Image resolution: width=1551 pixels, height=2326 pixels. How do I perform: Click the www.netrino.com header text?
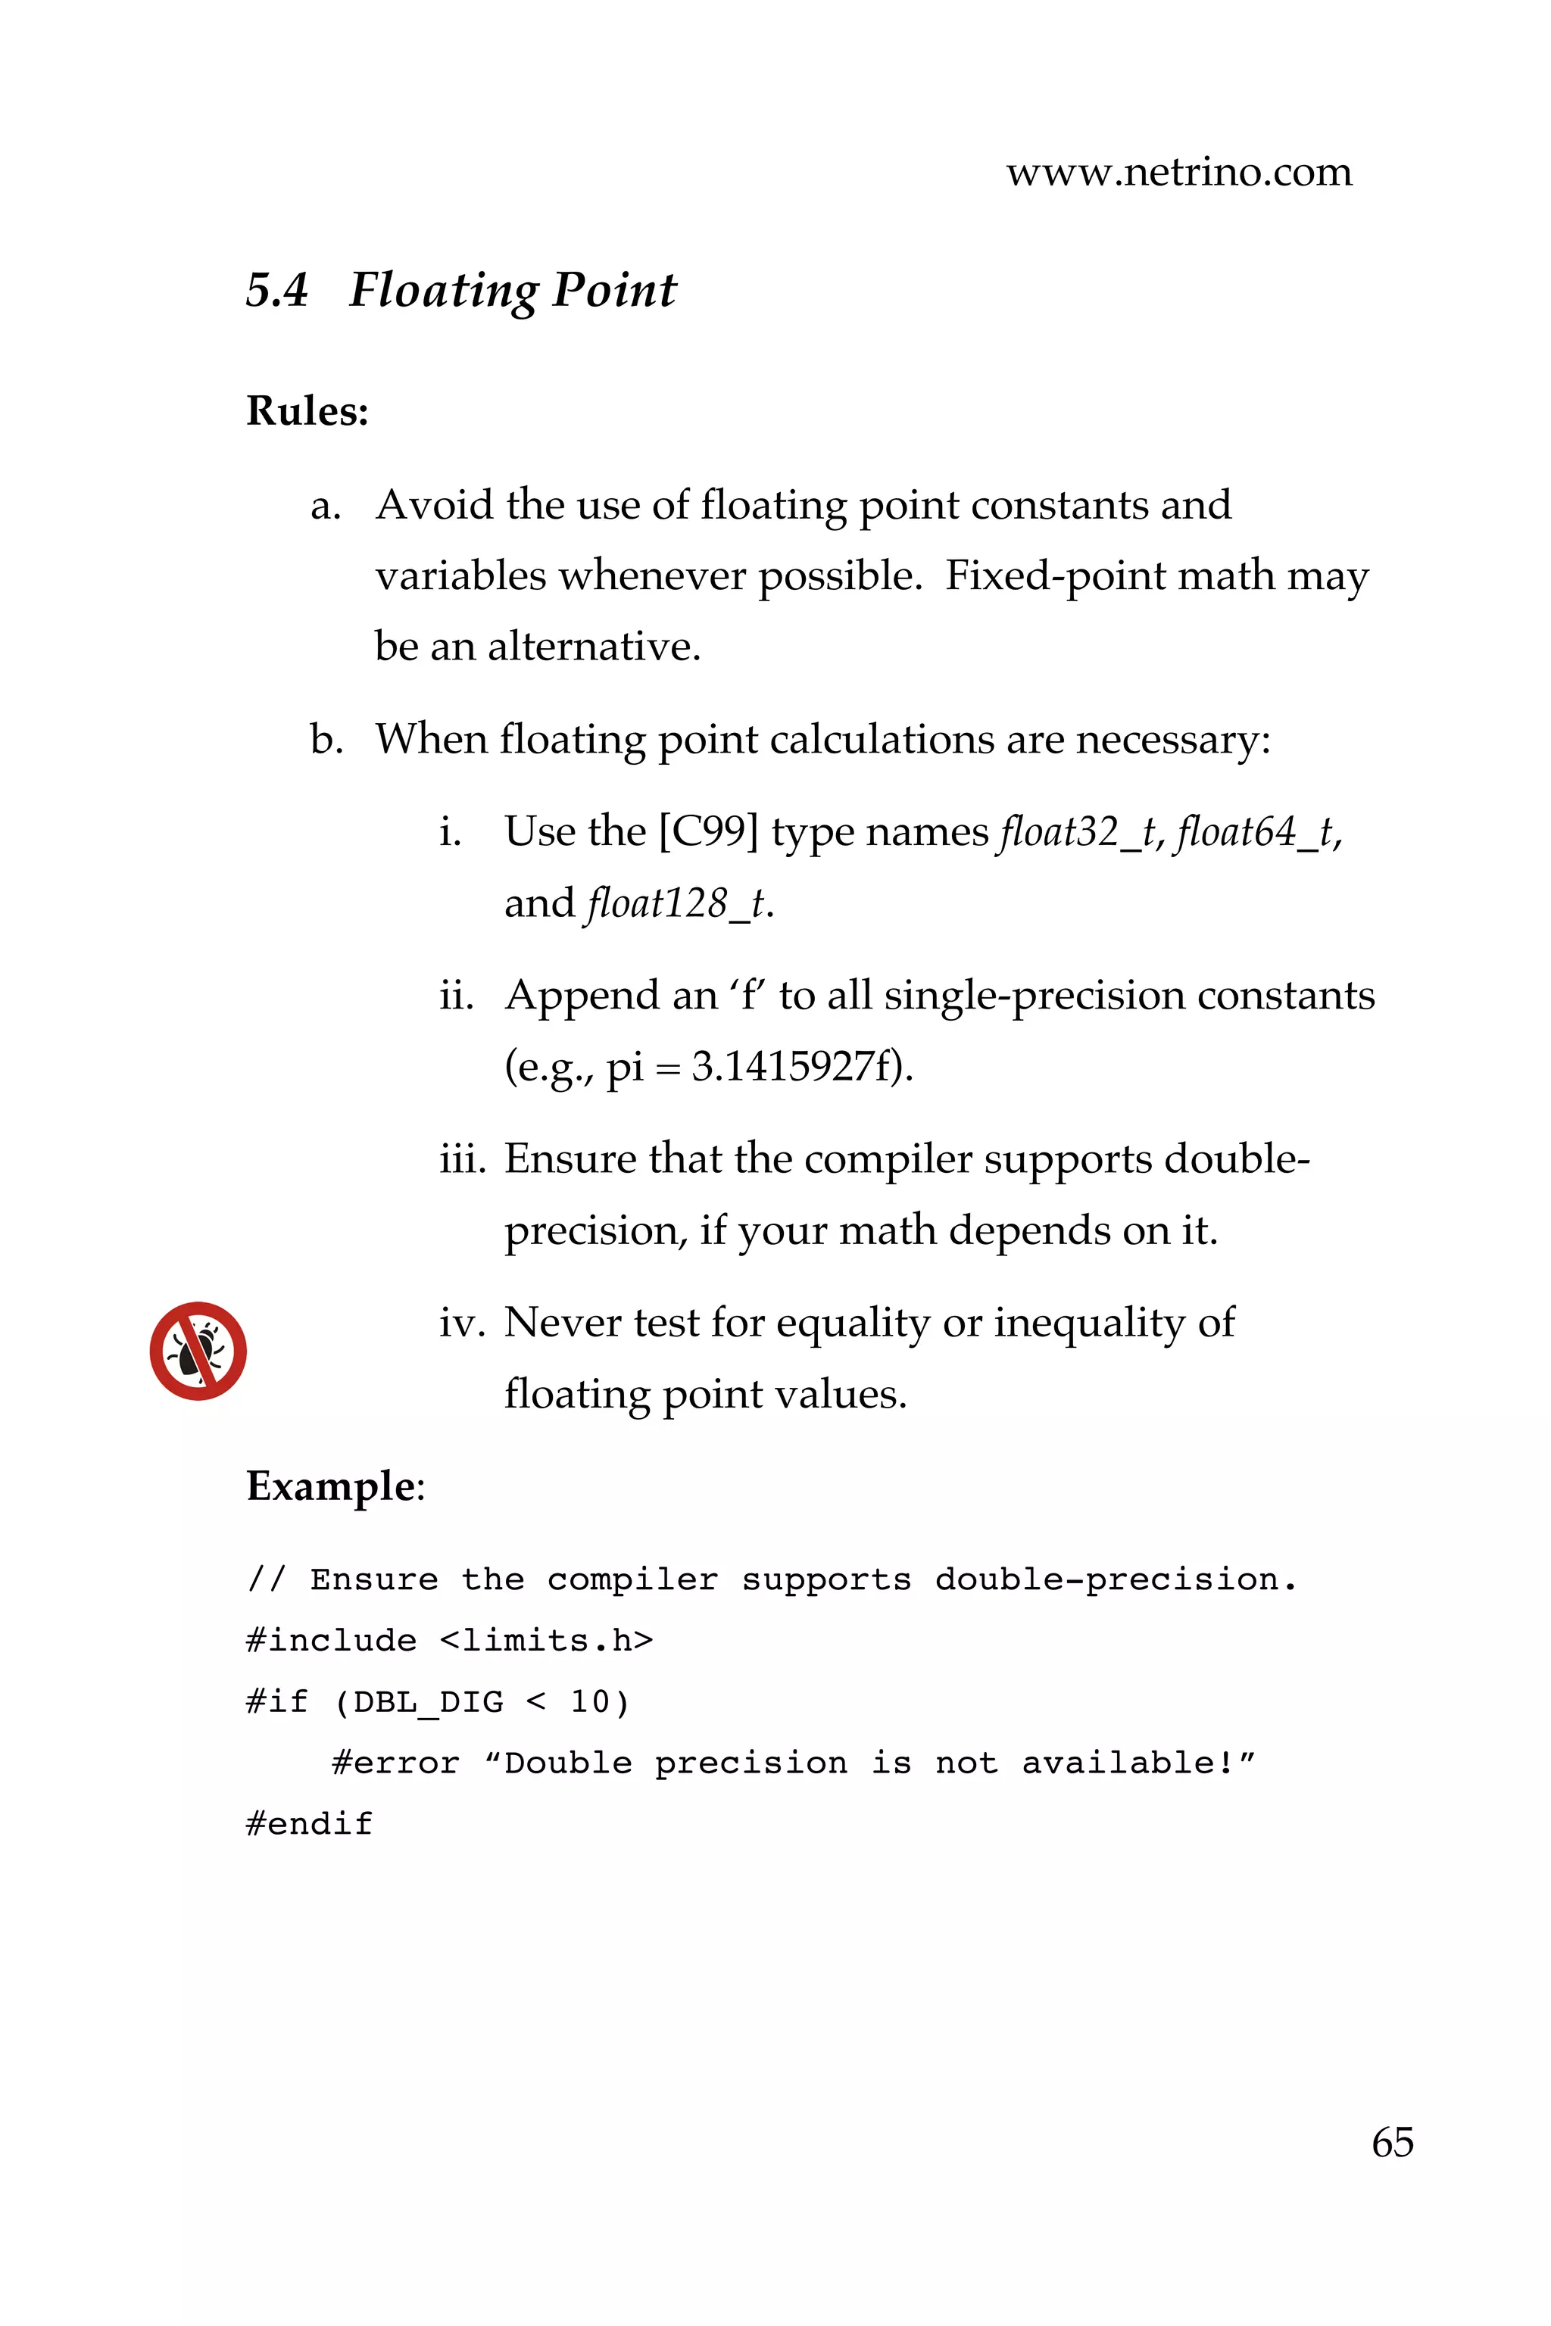1178,172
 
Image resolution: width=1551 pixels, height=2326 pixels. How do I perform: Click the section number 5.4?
277,290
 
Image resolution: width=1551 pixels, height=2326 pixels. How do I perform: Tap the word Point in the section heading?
613,290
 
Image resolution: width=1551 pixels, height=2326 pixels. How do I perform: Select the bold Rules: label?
307,410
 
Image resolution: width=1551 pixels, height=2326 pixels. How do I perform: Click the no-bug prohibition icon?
198,1350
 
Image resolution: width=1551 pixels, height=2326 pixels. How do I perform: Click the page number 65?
1392,2142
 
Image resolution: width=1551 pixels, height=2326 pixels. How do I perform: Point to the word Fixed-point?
1054,575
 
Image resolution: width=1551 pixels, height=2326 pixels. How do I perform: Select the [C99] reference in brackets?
708,831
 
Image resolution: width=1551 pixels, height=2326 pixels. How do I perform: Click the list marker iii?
462,1158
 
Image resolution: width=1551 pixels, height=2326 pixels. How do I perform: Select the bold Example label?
330,1486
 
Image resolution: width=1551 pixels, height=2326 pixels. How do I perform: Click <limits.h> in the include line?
546,1641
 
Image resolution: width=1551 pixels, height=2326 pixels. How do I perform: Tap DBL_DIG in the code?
429,1702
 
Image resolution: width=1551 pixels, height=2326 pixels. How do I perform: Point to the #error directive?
395,1763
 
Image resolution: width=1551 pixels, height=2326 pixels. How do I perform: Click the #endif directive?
310,1823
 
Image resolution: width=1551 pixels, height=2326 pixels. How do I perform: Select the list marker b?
326,739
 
